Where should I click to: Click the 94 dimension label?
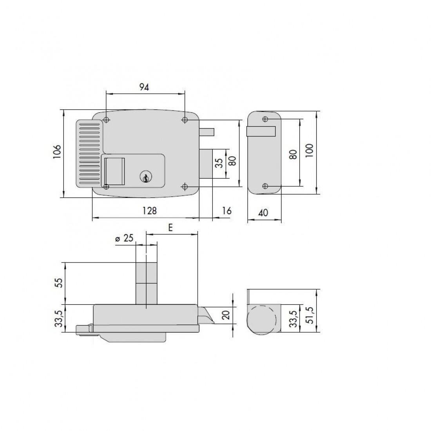pyautogui.click(x=144, y=87)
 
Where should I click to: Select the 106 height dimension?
pyautogui.click(x=57, y=152)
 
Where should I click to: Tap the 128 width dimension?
pyautogui.click(x=150, y=211)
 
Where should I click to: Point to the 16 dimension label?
pyautogui.click(x=227, y=211)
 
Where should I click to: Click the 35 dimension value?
pyautogui.click(x=219, y=163)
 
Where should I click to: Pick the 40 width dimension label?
pyautogui.click(x=263, y=213)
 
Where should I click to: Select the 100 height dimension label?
pyautogui.click(x=309, y=150)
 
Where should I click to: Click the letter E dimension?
pyautogui.click(x=170, y=228)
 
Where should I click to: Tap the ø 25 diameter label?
pyautogui.click(x=125, y=238)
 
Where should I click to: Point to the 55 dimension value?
pyautogui.click(x=58, y=283)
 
